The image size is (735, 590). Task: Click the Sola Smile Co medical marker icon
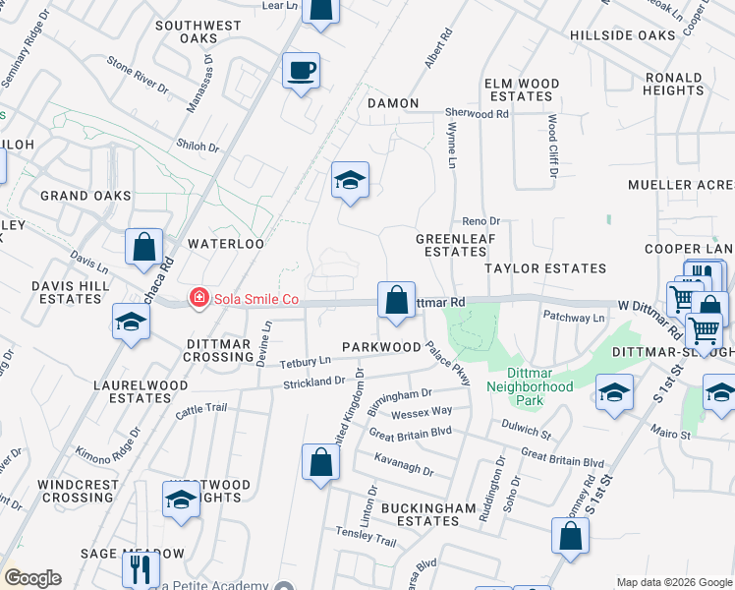click(x=199, y=297)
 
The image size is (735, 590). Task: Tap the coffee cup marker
click(x=302, y=71)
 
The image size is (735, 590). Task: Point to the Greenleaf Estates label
click(x=451, y=245)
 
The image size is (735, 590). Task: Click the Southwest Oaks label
click(x=198, y=31)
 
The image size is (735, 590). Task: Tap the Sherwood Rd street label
click(x=477, y=114)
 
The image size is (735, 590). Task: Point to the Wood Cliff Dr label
click(x=553, y=147)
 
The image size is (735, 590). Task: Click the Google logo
click(x=32, y=578)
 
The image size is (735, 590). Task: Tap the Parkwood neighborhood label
click(x=381, y=347)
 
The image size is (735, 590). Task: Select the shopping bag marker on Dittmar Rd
click(x=396, y=300)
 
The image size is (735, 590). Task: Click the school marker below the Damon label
click(x=350, y=180)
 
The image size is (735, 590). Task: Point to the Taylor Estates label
click(x=545, y=267)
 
